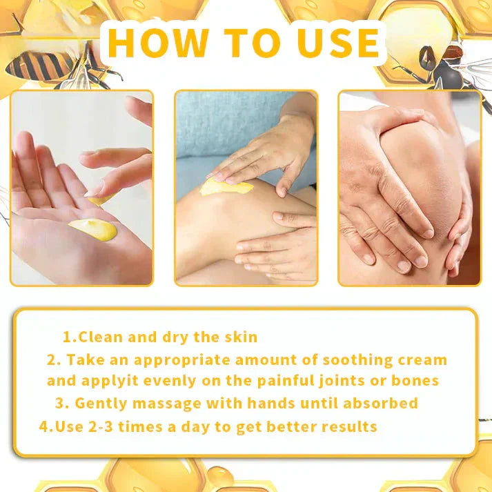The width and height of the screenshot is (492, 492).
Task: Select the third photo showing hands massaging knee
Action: point(409,188)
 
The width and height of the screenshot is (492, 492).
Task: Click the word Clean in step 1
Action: point(101,337)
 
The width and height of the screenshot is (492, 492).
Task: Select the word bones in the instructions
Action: point(415,380)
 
